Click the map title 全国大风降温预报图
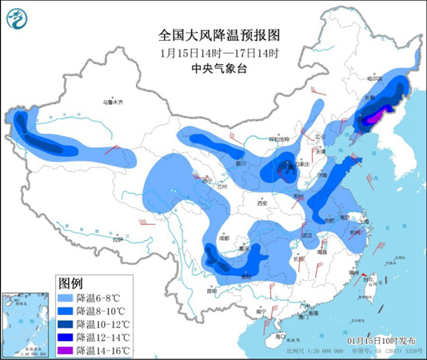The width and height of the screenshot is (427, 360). coord(213,36)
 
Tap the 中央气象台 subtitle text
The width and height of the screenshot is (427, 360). coord(213,69)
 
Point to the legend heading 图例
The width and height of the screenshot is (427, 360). coord(70,282)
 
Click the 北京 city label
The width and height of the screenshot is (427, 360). coord(320,136)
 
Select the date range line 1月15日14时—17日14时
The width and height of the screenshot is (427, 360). coord(213,53)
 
